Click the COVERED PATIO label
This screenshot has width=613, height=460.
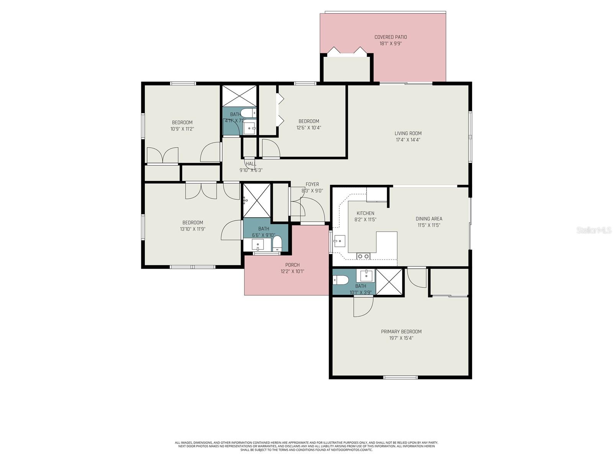[x=390, y=37]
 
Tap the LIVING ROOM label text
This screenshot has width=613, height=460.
[x=408, y=133]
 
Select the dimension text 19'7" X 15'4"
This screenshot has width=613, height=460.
[x=401, y=338]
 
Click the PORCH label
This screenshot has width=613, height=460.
[x=292, y=265]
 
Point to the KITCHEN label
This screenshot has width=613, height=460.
[x=365, y=213]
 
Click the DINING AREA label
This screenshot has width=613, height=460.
[x=429, y=219]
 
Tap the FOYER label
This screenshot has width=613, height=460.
[x=312, y=184]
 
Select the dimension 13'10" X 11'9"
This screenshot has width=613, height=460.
[x=193, y=229]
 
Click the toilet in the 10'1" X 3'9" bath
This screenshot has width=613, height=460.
[x=341, y=280]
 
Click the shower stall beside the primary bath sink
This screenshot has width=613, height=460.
[x=389, y=282]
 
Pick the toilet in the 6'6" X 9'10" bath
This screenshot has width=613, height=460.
[x=277, y=243]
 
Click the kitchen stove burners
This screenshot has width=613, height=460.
[x=363, y=256]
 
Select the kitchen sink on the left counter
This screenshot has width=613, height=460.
[x=339, y=241]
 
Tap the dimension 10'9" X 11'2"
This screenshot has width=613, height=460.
[x=182, y=129]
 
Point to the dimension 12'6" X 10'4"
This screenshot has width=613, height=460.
[x=308, y=128]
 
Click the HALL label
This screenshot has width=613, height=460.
[x=251, y=164]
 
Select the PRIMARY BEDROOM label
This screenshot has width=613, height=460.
[x=401, y=332]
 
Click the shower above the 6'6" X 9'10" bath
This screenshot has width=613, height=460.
[x=257, y=201]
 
